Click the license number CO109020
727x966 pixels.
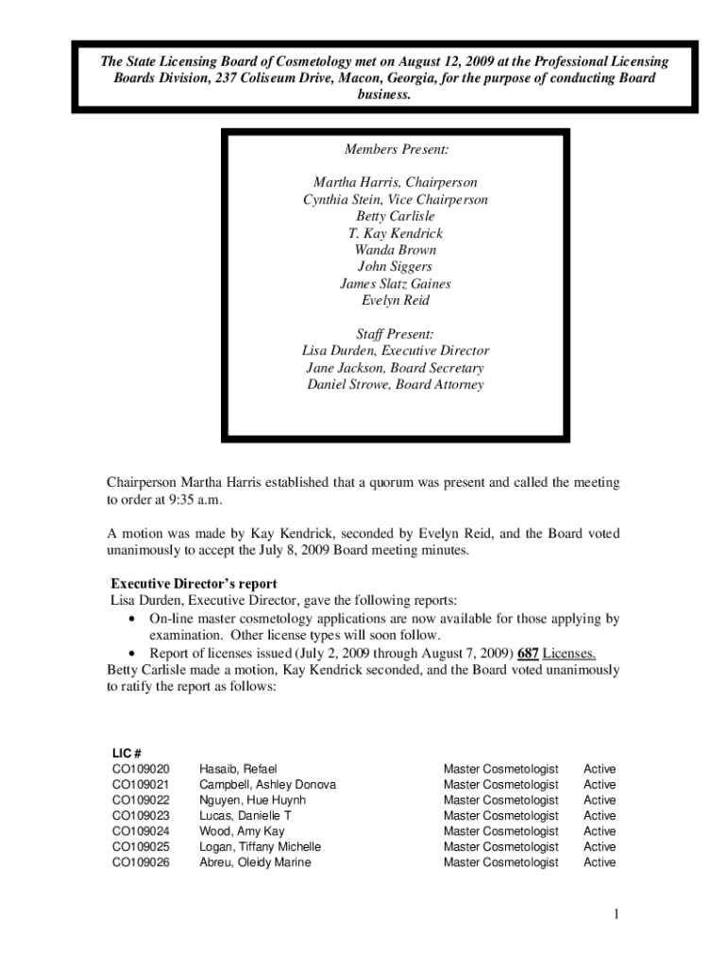coord(141,769)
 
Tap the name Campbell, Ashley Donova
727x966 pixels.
coord(267,784)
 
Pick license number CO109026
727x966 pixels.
coord(141,862)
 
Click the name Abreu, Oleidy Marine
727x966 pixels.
coord(255,862)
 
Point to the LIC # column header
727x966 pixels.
coord(127,753)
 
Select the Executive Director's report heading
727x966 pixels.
coord(194,584)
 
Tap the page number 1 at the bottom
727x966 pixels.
coord(614,914)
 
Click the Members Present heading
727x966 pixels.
coord(396,149)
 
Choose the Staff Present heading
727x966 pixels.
coord(396,334)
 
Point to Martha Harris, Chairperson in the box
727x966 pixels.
coord(396,182)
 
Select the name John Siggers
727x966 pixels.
coord(396,267)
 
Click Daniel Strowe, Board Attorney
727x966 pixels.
coord(396,385)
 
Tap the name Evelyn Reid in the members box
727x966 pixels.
coord(396,301)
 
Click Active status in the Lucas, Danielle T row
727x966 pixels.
coord(600,815)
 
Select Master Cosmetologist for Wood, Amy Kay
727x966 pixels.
coord(500,831)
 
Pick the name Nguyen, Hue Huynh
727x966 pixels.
coord(252,800)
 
